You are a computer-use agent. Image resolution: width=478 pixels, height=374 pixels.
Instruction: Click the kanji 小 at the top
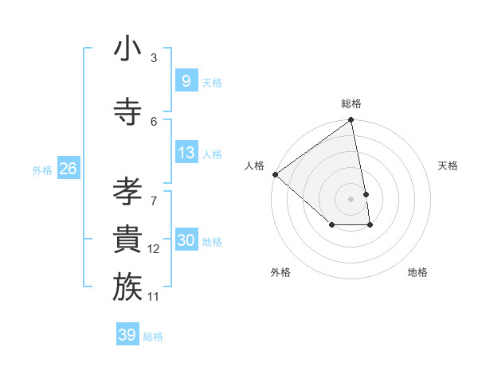tap(127, 49)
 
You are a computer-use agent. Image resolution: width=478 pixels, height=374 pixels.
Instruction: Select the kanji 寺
tap(127, 112)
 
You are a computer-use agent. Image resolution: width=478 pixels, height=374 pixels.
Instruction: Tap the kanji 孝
tap(127, 192)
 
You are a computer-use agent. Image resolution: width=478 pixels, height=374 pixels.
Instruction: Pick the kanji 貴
tap(127, 240)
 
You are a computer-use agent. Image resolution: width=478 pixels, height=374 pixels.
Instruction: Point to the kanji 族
tap(127, 287)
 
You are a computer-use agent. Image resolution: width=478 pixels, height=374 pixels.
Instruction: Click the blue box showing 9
tap(186, 81)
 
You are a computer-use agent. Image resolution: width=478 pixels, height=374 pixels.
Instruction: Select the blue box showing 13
tap(186, 153)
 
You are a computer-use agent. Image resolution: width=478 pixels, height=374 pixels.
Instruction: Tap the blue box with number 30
tap(186, 240)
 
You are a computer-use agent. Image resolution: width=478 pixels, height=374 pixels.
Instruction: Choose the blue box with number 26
tap(68, 169)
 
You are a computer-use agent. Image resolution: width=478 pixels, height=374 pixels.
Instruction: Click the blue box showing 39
tap(127, 335)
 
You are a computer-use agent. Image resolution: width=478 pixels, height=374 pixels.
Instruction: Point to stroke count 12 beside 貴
tap(154, 249)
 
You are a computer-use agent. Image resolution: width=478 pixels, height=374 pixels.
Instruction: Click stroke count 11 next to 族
tap(154, 297)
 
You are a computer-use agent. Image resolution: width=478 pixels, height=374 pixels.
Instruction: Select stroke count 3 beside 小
tap(154, 58)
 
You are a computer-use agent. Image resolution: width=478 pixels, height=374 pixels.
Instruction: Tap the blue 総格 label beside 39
tap(153, 337)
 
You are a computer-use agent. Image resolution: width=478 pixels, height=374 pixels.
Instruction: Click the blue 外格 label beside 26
tap(42, 169)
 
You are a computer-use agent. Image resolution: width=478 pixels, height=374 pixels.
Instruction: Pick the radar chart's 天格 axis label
tap(448, 166)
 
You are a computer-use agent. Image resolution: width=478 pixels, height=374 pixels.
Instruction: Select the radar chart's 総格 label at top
tap(351, 103)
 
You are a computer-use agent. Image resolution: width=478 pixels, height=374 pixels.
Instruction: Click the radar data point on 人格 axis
tap(275, 174)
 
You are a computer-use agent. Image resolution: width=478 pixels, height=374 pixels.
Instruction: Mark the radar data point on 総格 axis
tap(351, 121)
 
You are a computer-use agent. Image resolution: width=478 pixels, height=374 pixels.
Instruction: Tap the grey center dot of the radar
tap(351, 198)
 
